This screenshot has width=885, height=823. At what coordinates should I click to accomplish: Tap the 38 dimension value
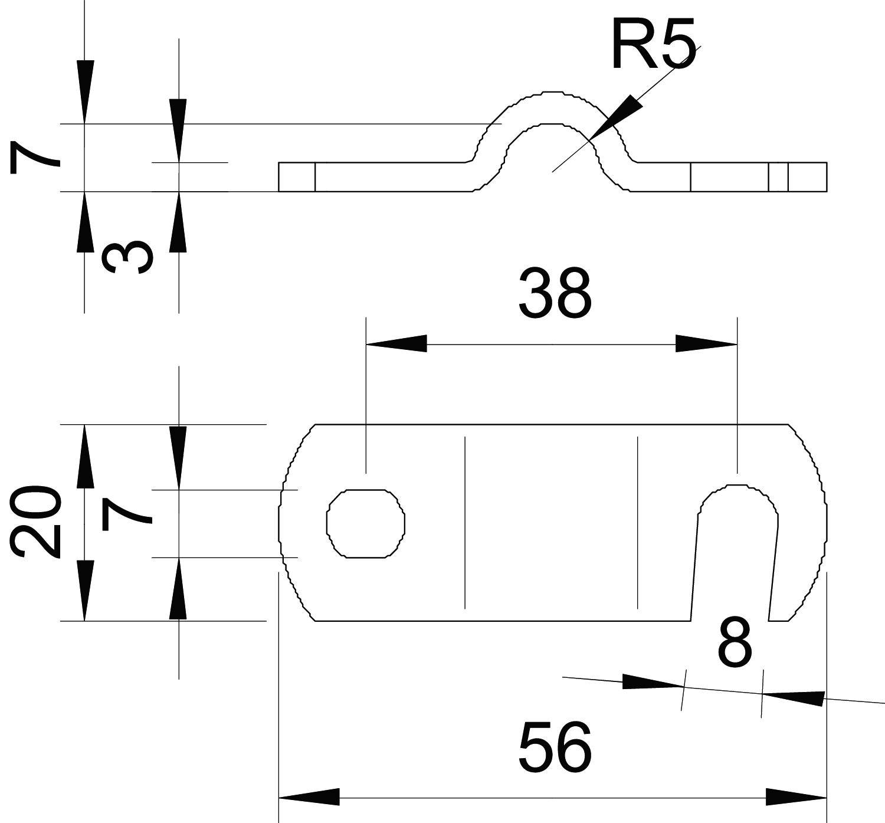[555, 294]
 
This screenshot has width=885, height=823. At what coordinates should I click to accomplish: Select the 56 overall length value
[555, 747]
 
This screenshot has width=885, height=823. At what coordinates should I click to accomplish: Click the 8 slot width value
[735, 643]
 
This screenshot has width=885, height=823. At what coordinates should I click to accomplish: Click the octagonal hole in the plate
[366, 523]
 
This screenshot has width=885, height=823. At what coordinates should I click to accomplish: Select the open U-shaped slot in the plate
[735, 549]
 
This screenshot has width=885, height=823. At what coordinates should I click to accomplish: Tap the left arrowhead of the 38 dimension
[396, 343]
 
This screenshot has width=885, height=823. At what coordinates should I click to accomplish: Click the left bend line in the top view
[465, 522]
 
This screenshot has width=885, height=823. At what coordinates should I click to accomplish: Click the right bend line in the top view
[638, 522]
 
